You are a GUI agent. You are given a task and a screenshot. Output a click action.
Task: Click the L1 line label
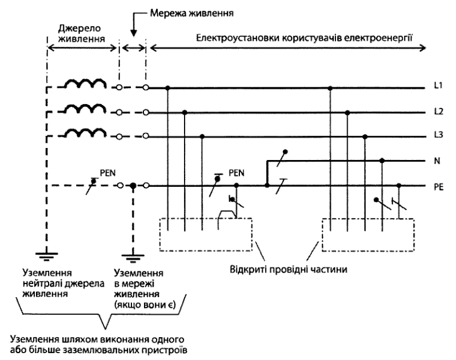[x=438, y=86]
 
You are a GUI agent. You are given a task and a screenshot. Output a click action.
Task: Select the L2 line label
[x=438, y=111]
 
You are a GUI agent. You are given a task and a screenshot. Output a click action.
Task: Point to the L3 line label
[x=438, y=135]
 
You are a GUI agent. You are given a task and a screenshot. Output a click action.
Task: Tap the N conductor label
[x=437, y=161]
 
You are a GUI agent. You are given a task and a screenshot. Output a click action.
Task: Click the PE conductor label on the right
[x=438, y=187]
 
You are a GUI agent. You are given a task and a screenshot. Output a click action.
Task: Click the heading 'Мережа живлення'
[x=191, y=13]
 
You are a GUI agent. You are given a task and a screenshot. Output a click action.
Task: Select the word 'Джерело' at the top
[x=79, y=29]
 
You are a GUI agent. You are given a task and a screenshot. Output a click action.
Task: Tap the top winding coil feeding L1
[x=85, y=83]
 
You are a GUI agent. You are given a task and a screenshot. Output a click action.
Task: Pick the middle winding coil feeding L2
[x=85, y=108]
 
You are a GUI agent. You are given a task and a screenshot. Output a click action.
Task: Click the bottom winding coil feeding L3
[x=85, y=133]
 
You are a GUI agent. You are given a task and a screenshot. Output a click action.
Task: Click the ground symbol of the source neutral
[x=46, y=256]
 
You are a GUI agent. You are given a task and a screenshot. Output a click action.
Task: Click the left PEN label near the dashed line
[x=107, y=173]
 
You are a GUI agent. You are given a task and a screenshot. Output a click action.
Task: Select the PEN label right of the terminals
[x=237, y=173]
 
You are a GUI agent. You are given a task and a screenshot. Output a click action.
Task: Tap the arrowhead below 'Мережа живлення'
[x=134, y=33]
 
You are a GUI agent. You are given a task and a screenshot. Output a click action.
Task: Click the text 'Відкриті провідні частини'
[x=289, y=270]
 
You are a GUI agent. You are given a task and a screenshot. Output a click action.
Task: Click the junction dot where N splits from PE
[x=267, y=185]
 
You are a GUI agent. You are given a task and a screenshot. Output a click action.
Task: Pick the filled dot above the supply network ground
[x=133, y=186]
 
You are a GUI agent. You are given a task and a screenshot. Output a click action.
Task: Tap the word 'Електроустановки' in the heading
[x=237, y=38]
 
